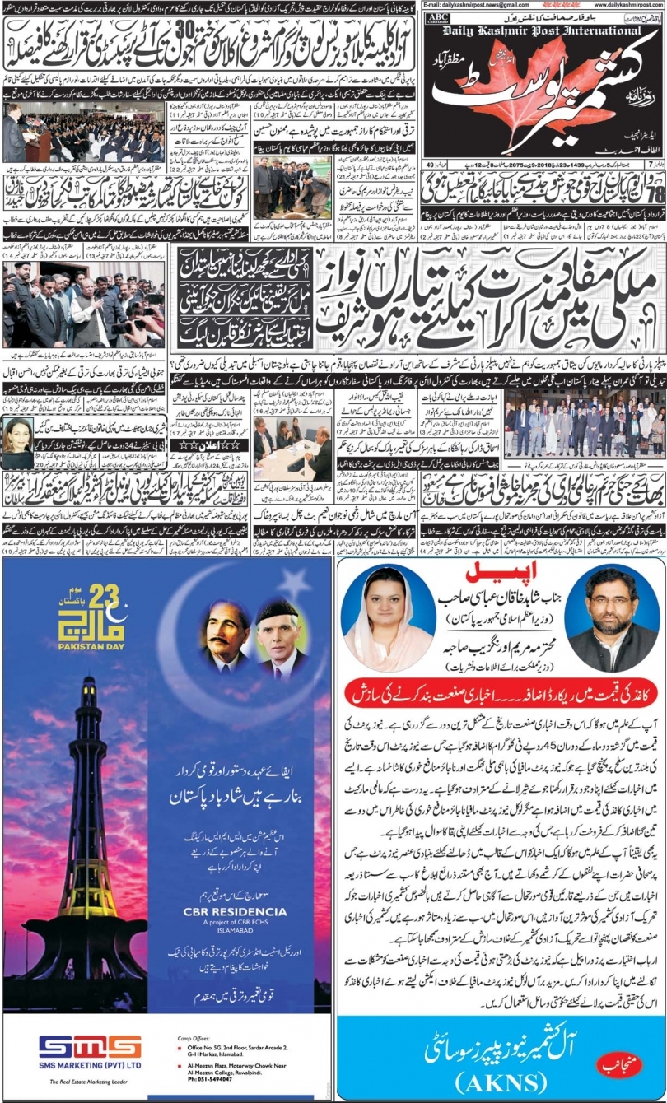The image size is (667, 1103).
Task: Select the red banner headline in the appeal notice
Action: coord(502,693)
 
